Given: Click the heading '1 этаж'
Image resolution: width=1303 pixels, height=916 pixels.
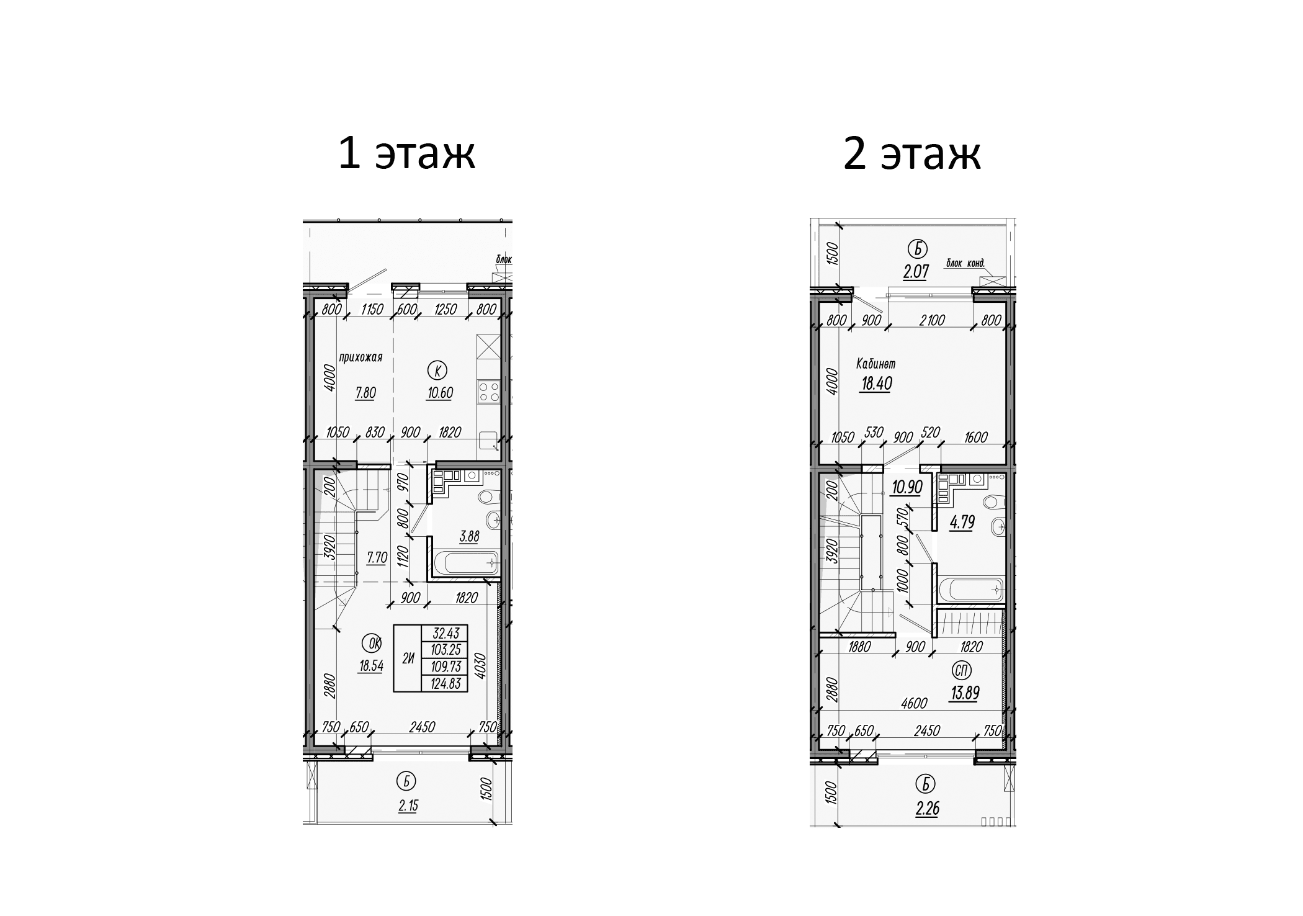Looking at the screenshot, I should point(406,154).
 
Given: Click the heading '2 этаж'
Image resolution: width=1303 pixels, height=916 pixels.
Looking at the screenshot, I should point(911,154).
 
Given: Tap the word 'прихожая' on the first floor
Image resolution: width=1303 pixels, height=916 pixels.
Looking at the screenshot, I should point(360,357).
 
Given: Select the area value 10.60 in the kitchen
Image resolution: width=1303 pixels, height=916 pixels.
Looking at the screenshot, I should point(439,393).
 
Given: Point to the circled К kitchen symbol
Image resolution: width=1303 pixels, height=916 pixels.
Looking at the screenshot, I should point(437,371).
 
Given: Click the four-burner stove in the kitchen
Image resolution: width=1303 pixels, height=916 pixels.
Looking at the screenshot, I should point(489,392).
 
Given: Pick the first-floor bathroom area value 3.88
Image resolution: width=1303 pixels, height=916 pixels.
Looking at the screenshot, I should point(469,537).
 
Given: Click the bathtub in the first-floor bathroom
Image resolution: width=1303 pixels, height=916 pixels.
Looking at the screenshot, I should point(466,564).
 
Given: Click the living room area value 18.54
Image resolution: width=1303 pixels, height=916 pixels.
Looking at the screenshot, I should point(370,666).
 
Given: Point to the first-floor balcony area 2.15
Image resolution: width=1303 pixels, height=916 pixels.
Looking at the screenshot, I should point(408,806).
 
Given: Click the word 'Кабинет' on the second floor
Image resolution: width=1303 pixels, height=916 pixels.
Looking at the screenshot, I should point(875,364).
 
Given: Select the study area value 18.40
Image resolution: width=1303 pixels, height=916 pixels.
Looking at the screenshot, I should point(876,384).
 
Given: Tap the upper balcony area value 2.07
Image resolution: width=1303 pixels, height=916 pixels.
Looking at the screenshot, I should point(916,272).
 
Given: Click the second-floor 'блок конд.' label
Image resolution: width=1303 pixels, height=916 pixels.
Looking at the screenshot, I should point(965,263).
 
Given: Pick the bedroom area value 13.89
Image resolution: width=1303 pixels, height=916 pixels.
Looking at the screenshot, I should point(964,693).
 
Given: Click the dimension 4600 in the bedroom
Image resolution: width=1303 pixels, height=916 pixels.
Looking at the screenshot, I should point(913,703).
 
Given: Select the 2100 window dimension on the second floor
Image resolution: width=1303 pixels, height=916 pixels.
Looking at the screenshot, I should point(931,320).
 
